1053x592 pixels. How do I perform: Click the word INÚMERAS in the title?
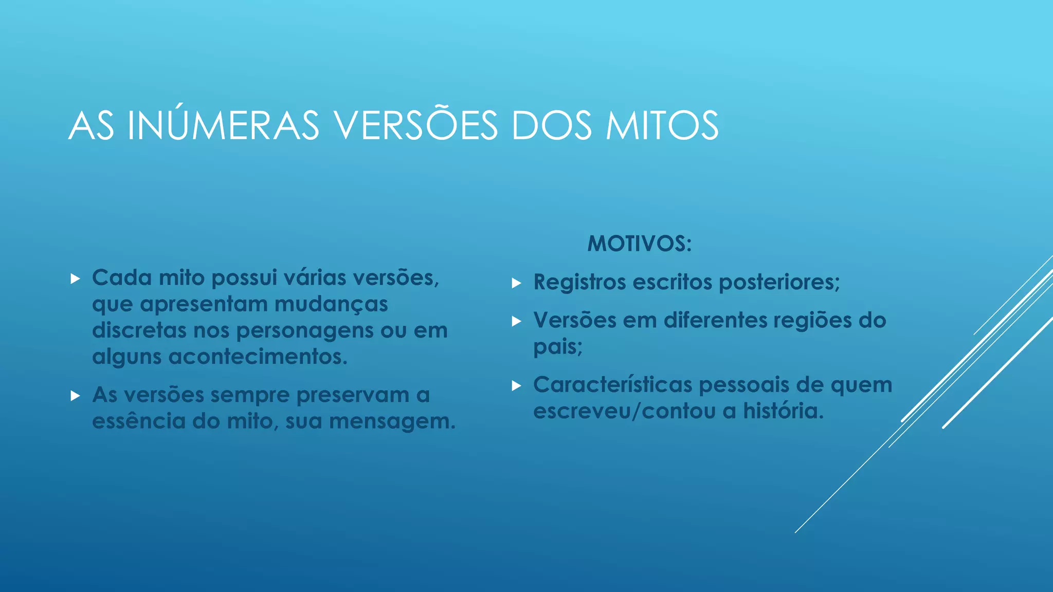click(x=223, y=125)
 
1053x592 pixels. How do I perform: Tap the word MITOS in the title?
click(x=662, y=125)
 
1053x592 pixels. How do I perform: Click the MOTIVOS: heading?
click(x=640, y=244)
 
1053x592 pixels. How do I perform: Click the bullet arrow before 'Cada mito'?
click(x=76, y=279)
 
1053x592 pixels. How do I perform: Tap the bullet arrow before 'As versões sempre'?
click(x=76, y=396)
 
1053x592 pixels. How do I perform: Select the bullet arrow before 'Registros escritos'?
click(x=517, y=283)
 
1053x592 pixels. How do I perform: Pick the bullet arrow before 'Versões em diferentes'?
click(x=517, y=322)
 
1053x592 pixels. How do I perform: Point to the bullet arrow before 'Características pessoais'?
click(x=517, y=386)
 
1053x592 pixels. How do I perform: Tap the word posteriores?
click(x=779, y=282)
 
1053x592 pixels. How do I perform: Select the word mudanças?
click(x=331, y=304)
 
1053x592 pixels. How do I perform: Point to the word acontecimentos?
click(x=258, y=357)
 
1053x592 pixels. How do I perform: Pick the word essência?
click(x=139, y=421)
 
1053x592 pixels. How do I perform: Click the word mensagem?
click(x=392, y=421)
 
